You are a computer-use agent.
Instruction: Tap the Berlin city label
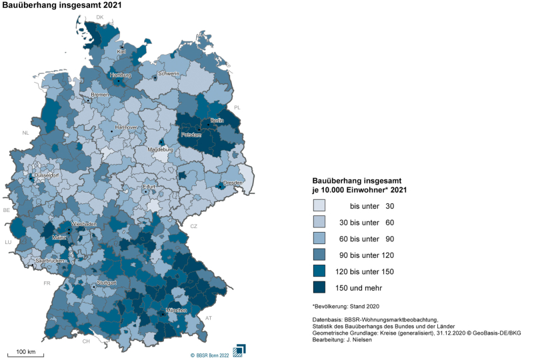point(216,121)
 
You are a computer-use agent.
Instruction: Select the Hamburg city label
point(121,75)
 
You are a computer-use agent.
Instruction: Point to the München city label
point(176,311)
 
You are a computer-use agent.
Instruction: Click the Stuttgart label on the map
point(107,283)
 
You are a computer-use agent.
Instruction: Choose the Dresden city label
point(233,182)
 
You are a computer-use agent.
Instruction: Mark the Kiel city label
point(121,51)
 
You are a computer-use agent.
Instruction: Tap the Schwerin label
point(168,73)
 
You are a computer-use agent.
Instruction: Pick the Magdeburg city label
point(160,149)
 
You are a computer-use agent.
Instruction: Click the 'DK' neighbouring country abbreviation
point(100,17)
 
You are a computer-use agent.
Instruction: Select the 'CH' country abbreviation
point(85,341)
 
